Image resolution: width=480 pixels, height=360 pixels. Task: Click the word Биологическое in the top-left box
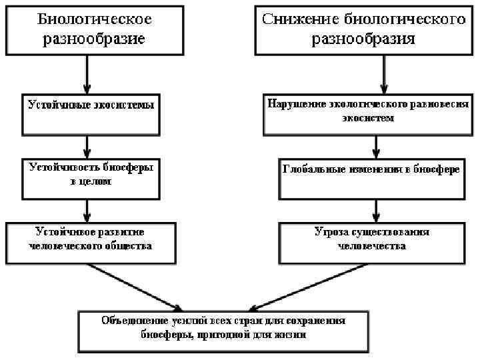(94, 19)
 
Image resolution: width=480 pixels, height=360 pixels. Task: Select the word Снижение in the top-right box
(292, 19)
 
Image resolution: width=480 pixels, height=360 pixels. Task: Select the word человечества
(372, 246)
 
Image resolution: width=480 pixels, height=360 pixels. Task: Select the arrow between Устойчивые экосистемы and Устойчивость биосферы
(87, 145)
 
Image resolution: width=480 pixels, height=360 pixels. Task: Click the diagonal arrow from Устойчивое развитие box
(133, 287)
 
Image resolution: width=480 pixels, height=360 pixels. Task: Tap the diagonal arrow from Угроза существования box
(313, 287)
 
